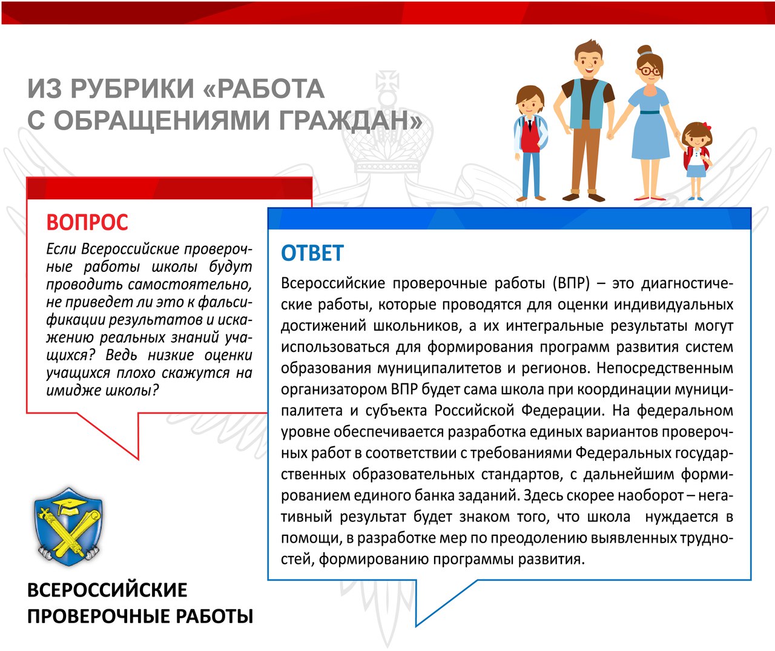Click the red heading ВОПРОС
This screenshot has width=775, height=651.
point(87,222)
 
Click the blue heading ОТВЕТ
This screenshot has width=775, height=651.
point(312,253)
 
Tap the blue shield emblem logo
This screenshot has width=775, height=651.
point(68,527)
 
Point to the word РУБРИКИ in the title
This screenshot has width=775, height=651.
point(132,89)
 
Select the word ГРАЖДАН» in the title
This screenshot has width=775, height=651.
point(351,120)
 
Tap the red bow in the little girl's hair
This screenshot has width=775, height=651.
point(705,126)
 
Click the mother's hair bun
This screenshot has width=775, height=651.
point(645,50)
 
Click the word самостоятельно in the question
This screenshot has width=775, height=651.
point(190,285)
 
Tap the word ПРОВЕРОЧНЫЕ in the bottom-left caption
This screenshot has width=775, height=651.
point(98,616)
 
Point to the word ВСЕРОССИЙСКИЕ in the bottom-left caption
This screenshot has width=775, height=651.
point(107,590)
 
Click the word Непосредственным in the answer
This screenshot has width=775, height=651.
point(665,368)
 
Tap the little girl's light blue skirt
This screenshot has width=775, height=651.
point(696,171)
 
